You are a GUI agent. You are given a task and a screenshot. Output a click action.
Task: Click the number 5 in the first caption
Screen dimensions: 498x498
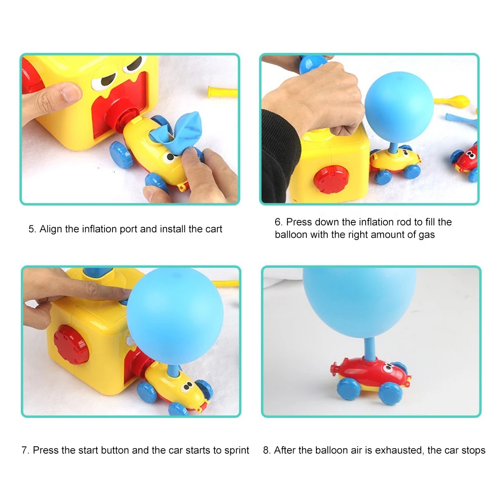[x=31, y=229]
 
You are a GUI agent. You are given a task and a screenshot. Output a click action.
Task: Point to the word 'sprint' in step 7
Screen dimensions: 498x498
[x=235, y=450]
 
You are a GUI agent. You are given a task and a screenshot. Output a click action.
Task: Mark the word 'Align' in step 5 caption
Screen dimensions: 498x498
[x=50, y=229]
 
